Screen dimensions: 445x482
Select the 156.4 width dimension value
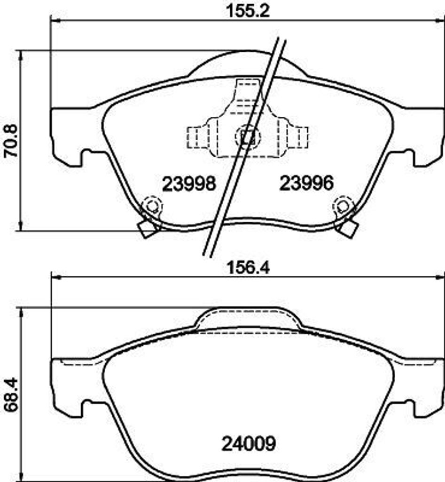click(248, 267)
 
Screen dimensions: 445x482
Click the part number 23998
click(189, 184)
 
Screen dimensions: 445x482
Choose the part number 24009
click(249, 443)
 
